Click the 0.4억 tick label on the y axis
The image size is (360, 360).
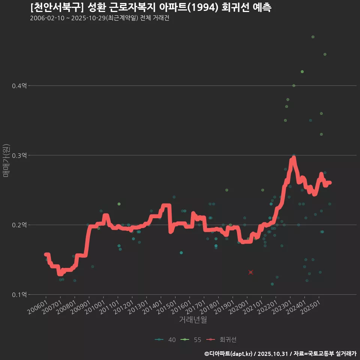click(19, 86)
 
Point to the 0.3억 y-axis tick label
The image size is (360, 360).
click(19, 155)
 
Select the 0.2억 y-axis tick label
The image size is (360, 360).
click(19, 225)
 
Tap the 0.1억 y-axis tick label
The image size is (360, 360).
click(19, 295)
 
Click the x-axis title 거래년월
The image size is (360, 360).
click(193, 320)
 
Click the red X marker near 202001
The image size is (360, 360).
click(251, 272)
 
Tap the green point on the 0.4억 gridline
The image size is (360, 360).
click(294, 85)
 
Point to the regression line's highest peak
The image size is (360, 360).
click(293, 159)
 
